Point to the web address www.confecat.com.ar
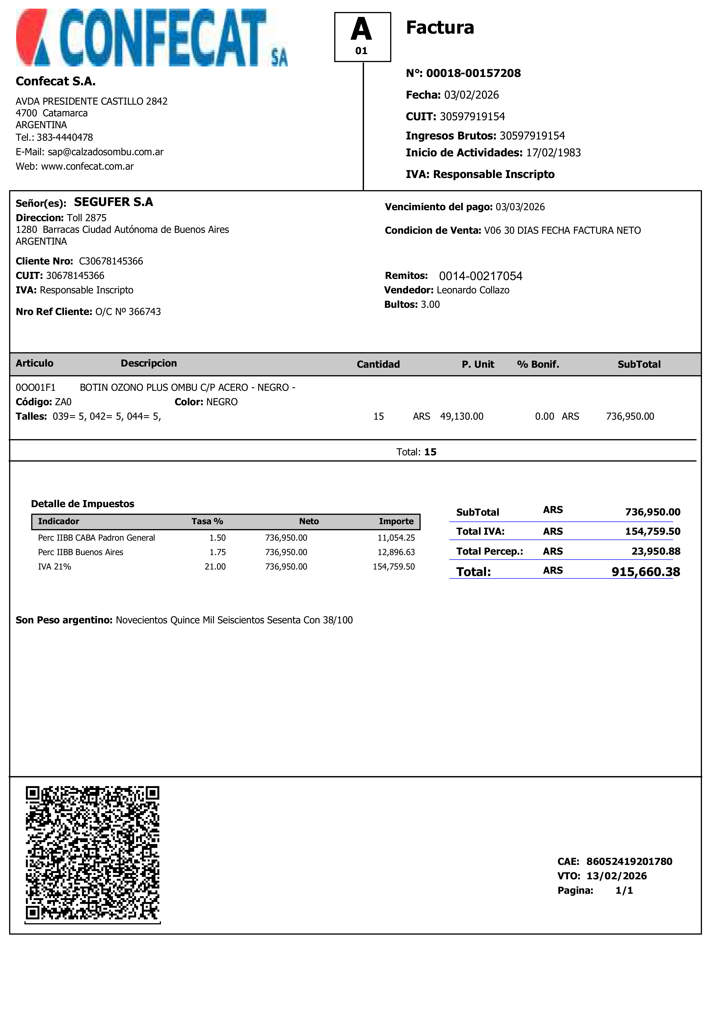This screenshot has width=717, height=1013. coord(87,166)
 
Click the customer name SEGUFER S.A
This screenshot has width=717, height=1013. coord(113,202)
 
